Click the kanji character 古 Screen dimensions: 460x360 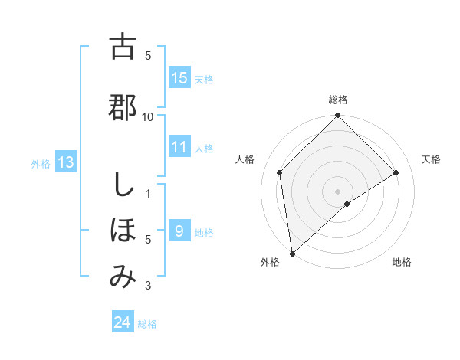pyautogui.click(x=123, y=47)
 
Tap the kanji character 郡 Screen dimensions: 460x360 pyautogui.click(x=123, y=107)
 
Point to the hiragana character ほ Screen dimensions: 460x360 pyautogui.click(x=123, y=230)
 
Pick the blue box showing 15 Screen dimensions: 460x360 pyautogui.click(x=179, y=78)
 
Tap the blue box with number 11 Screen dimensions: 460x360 pyautogui.click(x=179, y=147)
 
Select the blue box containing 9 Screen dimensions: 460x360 pyautogui.click(x=179, y=231)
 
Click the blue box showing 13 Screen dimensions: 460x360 pyautogui.click(x=66, y=162)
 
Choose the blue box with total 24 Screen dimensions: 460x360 pyautogui.click(x=123, y=323)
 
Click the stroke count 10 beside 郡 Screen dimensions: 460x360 pyautogui.click(x=148, y=116)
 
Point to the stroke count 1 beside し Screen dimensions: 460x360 pyautogui.click(x=148, y=193)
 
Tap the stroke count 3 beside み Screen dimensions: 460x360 pyautogui.click(x=148, y=286)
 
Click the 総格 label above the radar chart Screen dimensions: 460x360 pyautogui.click(x=338, y=100)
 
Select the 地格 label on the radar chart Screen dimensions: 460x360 pyautogui.click(x=402, y=262)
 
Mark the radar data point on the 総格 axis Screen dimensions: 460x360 pyautogui.click(x=337, y=116)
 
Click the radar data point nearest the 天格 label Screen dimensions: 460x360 pyautogui.click(x=396, y=172)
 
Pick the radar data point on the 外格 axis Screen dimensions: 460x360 pyautogui.click(x=292, y=254)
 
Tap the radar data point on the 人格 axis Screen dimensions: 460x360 pyautogui.click(x=280, y=172)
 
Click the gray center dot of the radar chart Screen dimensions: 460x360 pyautogui.click(x=337, y=191)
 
